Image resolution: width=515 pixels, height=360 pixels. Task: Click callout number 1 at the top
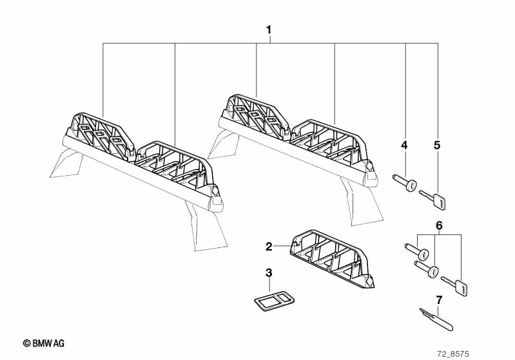coord(269,30)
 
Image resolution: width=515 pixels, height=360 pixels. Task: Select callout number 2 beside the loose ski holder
coord(269,247)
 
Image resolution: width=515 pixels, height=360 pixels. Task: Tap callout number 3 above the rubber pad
coord(269,272)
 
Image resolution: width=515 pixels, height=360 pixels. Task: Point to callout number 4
coord(404,145)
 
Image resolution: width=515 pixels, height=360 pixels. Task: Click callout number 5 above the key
coord(437,145)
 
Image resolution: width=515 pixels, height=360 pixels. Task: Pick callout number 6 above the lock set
coord(439,225)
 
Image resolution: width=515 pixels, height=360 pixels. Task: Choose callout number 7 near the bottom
coord(439,299)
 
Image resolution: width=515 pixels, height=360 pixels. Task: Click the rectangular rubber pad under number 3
coord(274,299)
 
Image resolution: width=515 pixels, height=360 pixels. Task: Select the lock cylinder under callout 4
coord(405,183)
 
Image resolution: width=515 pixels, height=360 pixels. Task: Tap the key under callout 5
coord(433,199)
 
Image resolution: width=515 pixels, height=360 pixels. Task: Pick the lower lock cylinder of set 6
coord(427,269)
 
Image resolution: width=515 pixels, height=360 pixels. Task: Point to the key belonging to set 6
coord(454,285)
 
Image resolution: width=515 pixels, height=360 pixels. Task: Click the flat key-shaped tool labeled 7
coord(436,319)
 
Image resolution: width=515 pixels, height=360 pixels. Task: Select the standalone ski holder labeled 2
coord(332,259)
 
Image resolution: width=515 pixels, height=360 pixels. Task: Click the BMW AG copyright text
coord(44,343)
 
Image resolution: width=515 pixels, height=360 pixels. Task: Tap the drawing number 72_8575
coord(453,354)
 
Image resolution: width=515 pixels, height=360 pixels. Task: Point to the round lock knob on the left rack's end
coord(215,190)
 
